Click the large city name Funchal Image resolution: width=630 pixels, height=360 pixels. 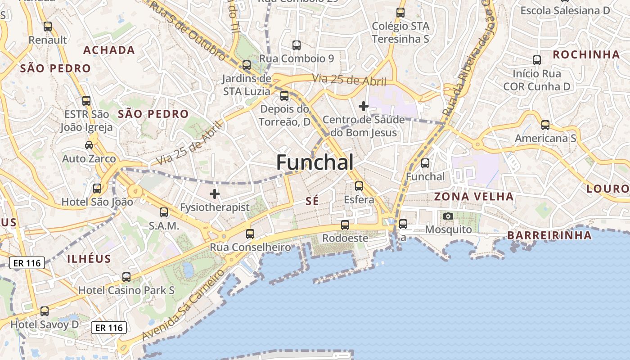[315, 162]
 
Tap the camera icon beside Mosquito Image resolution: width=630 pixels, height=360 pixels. [448, 216]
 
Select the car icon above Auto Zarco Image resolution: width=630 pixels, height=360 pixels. [89, 145]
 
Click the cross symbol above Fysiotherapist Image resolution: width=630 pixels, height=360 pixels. [215, 194]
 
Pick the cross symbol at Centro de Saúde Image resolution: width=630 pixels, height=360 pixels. [363, 106]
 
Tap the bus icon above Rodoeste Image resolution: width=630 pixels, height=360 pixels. [345, 225]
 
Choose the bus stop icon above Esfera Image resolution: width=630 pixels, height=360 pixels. [359, 186]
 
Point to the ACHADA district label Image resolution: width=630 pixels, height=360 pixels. [109, 50]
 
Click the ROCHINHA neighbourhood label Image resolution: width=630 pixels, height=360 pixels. [586, 54]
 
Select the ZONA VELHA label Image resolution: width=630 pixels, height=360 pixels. [473, 196]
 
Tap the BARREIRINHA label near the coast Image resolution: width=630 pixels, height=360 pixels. [549, 235]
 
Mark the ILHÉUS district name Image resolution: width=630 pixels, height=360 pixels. [89, 258]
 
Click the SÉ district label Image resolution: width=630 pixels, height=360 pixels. [312, 201]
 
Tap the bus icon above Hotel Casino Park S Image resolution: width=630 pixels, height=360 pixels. [126, 277]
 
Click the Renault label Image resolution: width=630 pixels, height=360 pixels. [48, 40]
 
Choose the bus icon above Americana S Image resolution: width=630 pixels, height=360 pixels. [545, 125]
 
